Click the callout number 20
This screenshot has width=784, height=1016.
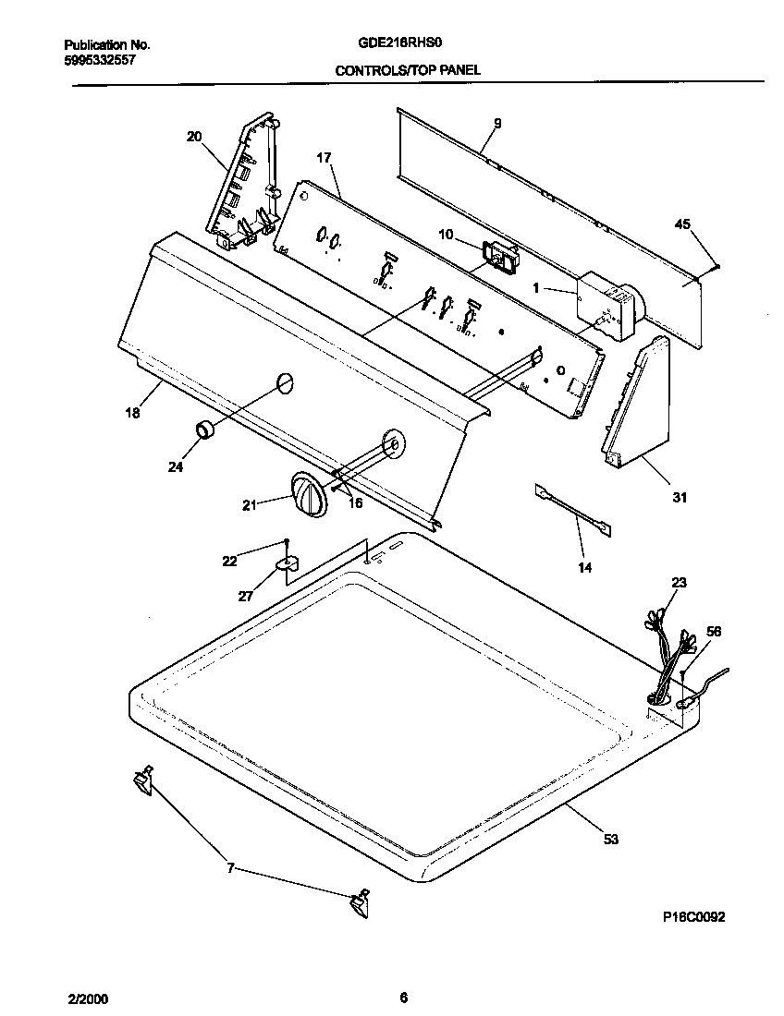pos(193,137)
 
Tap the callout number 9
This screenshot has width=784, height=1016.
pos(496,123)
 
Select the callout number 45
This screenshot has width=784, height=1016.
pos(683,224)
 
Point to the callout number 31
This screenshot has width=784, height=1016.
pos(680,498)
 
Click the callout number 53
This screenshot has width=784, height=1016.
pos(610,839)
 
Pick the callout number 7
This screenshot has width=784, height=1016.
pos(231,868)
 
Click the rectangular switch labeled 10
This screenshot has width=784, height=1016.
pos(499,256)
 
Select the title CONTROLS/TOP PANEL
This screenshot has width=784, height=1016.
pos(408,69)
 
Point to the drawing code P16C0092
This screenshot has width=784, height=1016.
pos(693,917)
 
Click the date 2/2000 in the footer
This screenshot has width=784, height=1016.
pos(88,998)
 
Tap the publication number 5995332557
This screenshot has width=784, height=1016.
pos(100,58)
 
